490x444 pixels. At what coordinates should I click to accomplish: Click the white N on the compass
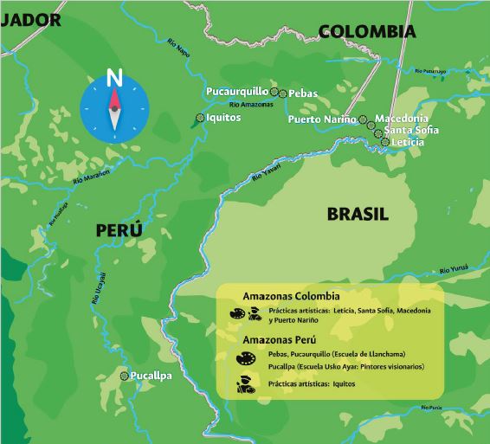point(113,78)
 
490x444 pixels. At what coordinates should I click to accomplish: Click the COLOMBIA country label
point(367,32)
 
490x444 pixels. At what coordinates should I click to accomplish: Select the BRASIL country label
point(358,214)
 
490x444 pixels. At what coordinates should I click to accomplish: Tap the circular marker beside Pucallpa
point(125,376)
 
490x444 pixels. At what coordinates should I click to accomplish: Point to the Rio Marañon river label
point(93,177)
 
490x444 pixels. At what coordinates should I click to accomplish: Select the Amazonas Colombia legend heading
point(291,296)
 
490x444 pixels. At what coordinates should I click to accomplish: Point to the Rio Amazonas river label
point(252,104)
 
